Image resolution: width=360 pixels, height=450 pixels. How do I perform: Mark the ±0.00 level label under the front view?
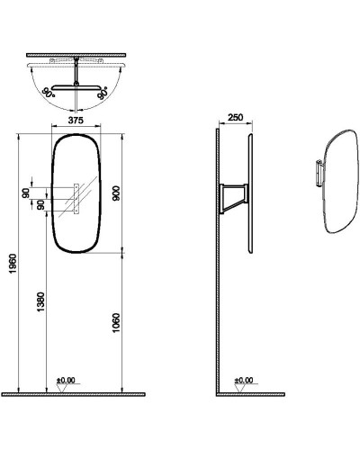click(66, 380)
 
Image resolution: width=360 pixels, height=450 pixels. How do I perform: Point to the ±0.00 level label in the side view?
click(243, 380)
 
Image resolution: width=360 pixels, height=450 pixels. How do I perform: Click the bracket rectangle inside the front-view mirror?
click(76, 199)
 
